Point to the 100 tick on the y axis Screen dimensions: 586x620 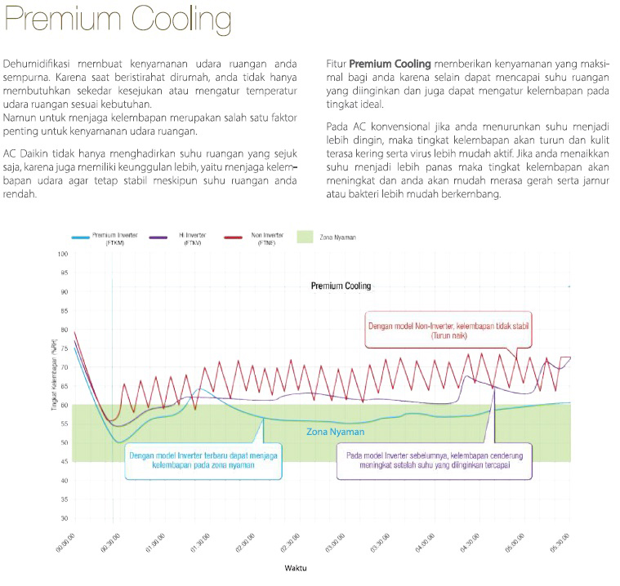(x=63, y=254)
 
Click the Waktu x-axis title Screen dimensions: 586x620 (x=296, y=567)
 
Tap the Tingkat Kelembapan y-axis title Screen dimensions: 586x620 (x=52, y=384)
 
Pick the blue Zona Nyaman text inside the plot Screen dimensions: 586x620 (x=335, y=432)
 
